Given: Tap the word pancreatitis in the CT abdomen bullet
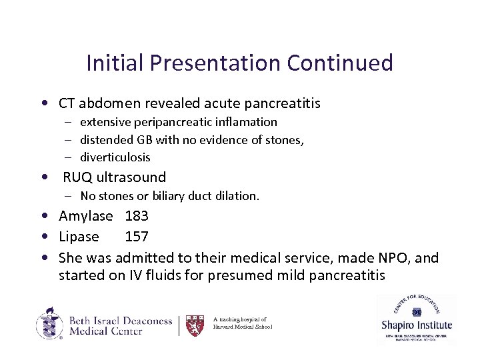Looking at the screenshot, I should click(x=282, y=103).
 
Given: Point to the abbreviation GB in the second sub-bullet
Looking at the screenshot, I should click(x=145, y=139).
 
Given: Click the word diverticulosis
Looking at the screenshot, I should click(x=115, y=157).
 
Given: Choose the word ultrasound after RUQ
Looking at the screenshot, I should click(x=131, y=177).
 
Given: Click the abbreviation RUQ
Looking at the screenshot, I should click(x=78, y=177).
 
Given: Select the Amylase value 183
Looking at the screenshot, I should click(x=137, y=217).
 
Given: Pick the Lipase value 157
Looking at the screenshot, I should click(x=137, y=237).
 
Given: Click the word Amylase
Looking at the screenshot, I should click(x=86, y=217).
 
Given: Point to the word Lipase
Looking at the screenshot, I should click(x=79, y=237).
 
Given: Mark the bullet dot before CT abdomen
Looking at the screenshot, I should click(x=43, y=104).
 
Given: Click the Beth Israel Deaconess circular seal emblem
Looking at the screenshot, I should click(x=50, y=323).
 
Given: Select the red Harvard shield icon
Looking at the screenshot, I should click(x=195, y=325).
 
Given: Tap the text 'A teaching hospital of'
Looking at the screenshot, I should click(x=240, y=319).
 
